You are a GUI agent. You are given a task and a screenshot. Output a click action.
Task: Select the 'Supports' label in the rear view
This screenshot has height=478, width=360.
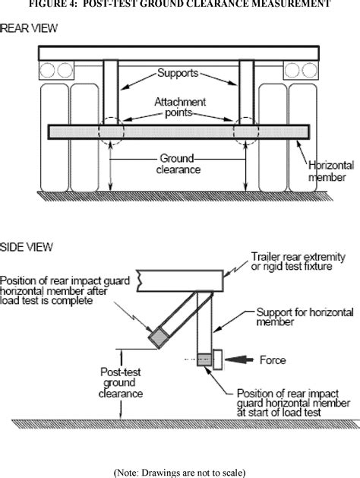pos(178,74)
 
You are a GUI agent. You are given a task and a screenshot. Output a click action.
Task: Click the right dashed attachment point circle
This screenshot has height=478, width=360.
pos(247,131)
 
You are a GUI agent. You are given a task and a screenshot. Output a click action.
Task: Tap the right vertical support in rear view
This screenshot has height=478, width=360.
pos(247,91)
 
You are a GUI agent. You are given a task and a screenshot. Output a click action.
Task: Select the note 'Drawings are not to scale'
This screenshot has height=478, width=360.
pos(179,471)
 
